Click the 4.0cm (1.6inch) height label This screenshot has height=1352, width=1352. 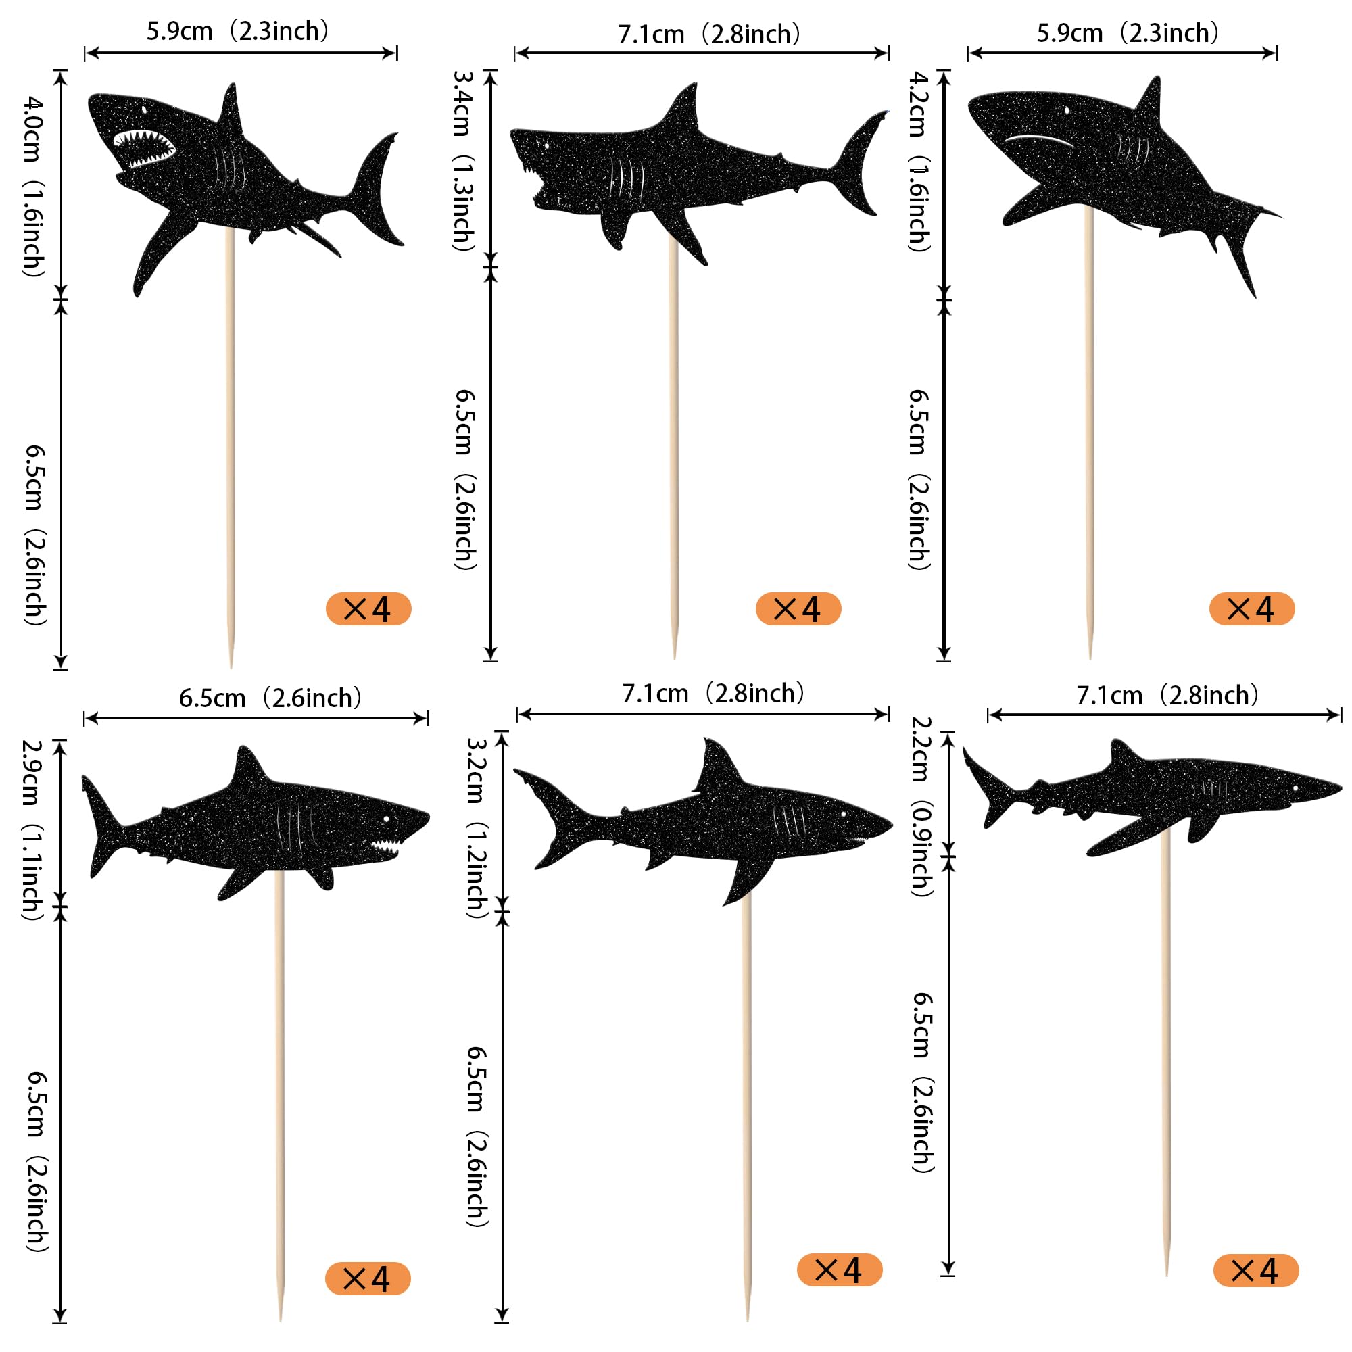pos(33,186)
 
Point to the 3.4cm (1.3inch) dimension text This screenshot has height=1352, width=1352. pos(463,161)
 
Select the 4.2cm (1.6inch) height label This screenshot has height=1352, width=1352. pos(918,161)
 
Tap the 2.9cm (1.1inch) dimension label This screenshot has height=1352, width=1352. pos(32,829)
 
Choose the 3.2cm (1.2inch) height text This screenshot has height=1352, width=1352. pos(476,828)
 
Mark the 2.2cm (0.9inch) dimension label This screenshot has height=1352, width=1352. pos(921,806)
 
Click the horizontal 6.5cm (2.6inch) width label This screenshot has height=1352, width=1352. pos(270,698)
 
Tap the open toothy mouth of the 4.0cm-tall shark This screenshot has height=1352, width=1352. pos(144,147)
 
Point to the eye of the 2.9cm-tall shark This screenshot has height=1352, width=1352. pos(385,819)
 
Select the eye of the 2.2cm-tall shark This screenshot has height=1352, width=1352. pos(1295,789)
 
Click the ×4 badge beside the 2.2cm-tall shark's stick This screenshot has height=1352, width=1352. pos(1256,1270)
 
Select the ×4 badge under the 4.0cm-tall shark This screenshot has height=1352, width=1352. pos(369,609)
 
